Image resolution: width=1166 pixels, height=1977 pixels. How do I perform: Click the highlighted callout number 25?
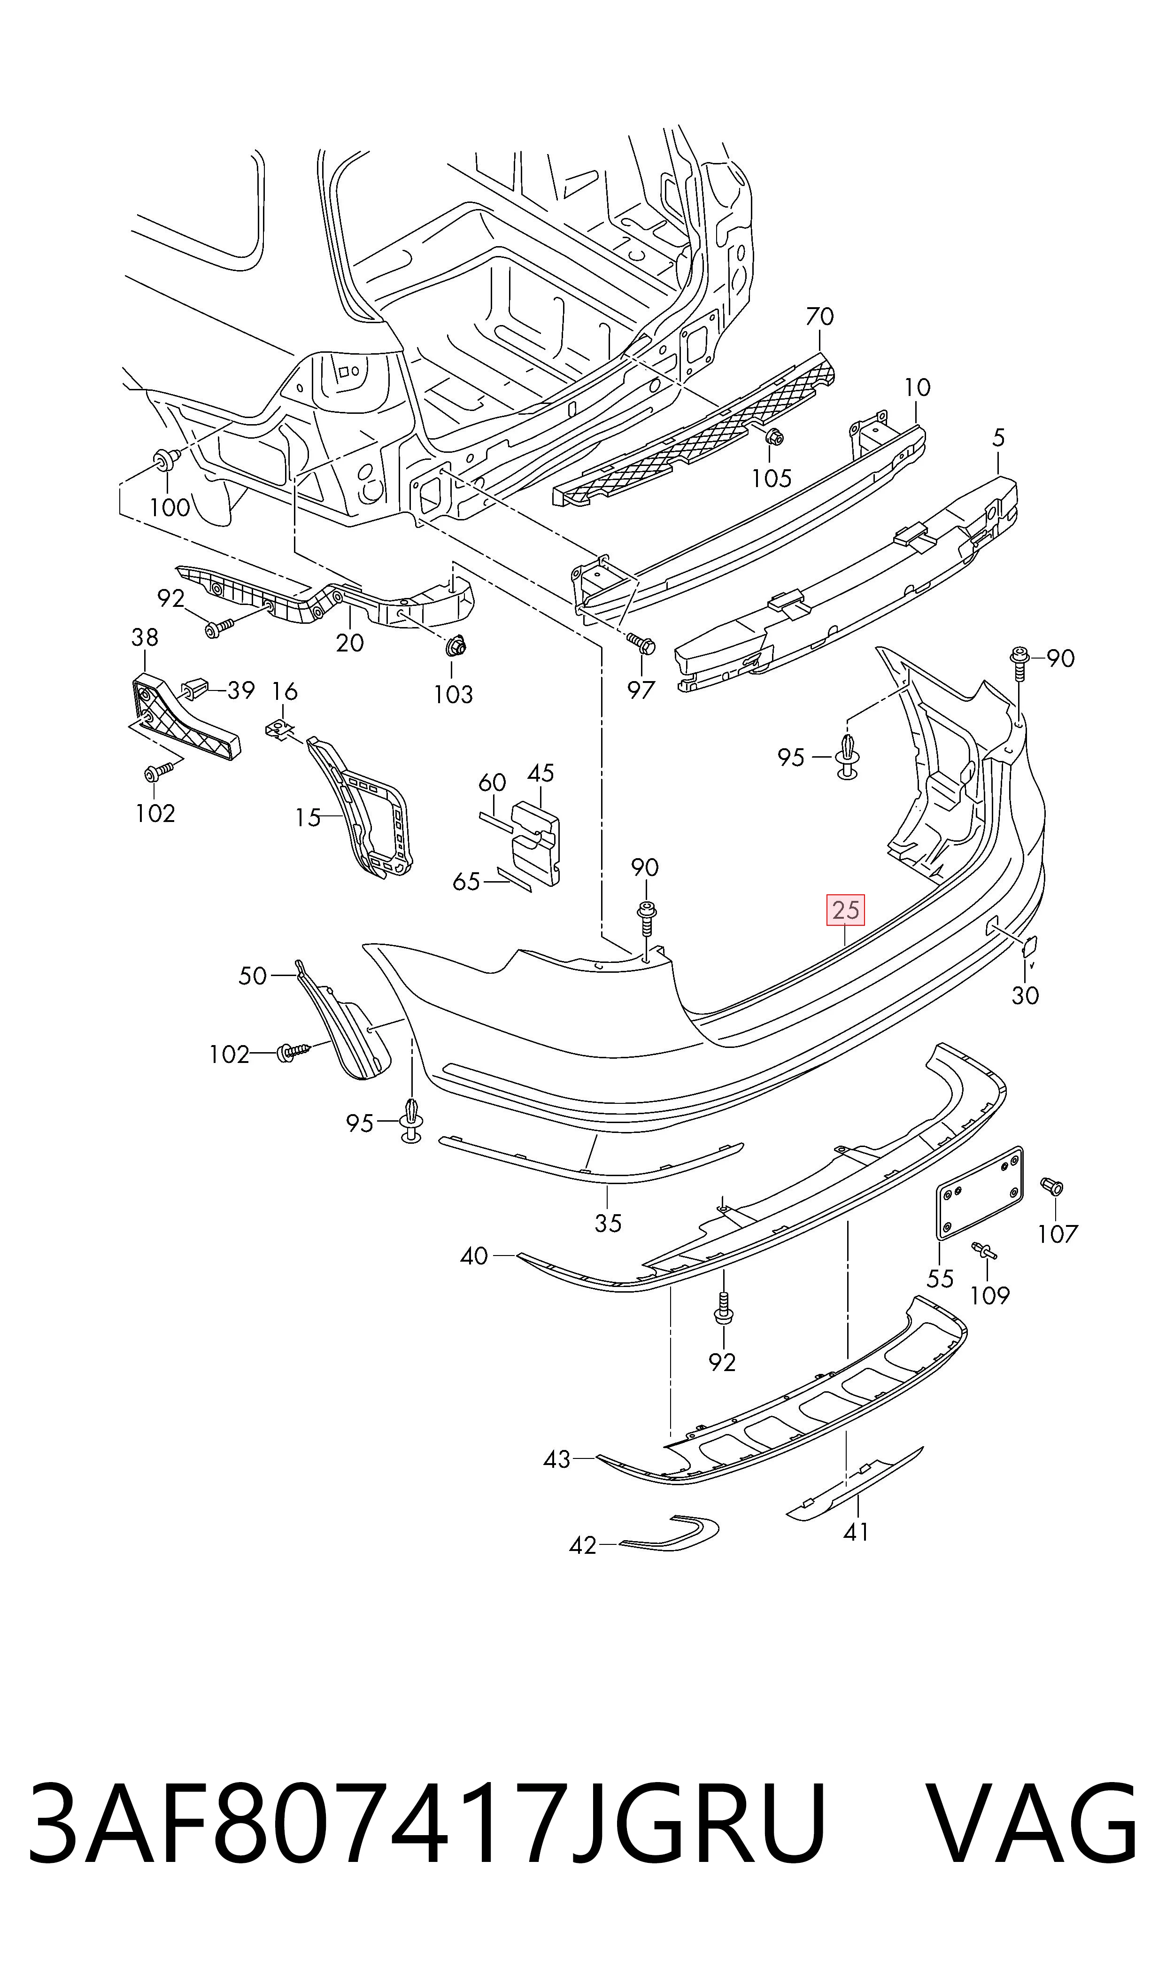(x=845, y=911)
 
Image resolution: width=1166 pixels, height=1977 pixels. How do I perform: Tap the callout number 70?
(x=819, y=317)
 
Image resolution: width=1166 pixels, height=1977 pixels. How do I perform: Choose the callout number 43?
(x=557, y=1459)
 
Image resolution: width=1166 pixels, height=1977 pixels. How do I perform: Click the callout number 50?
(x=253, y=976)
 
